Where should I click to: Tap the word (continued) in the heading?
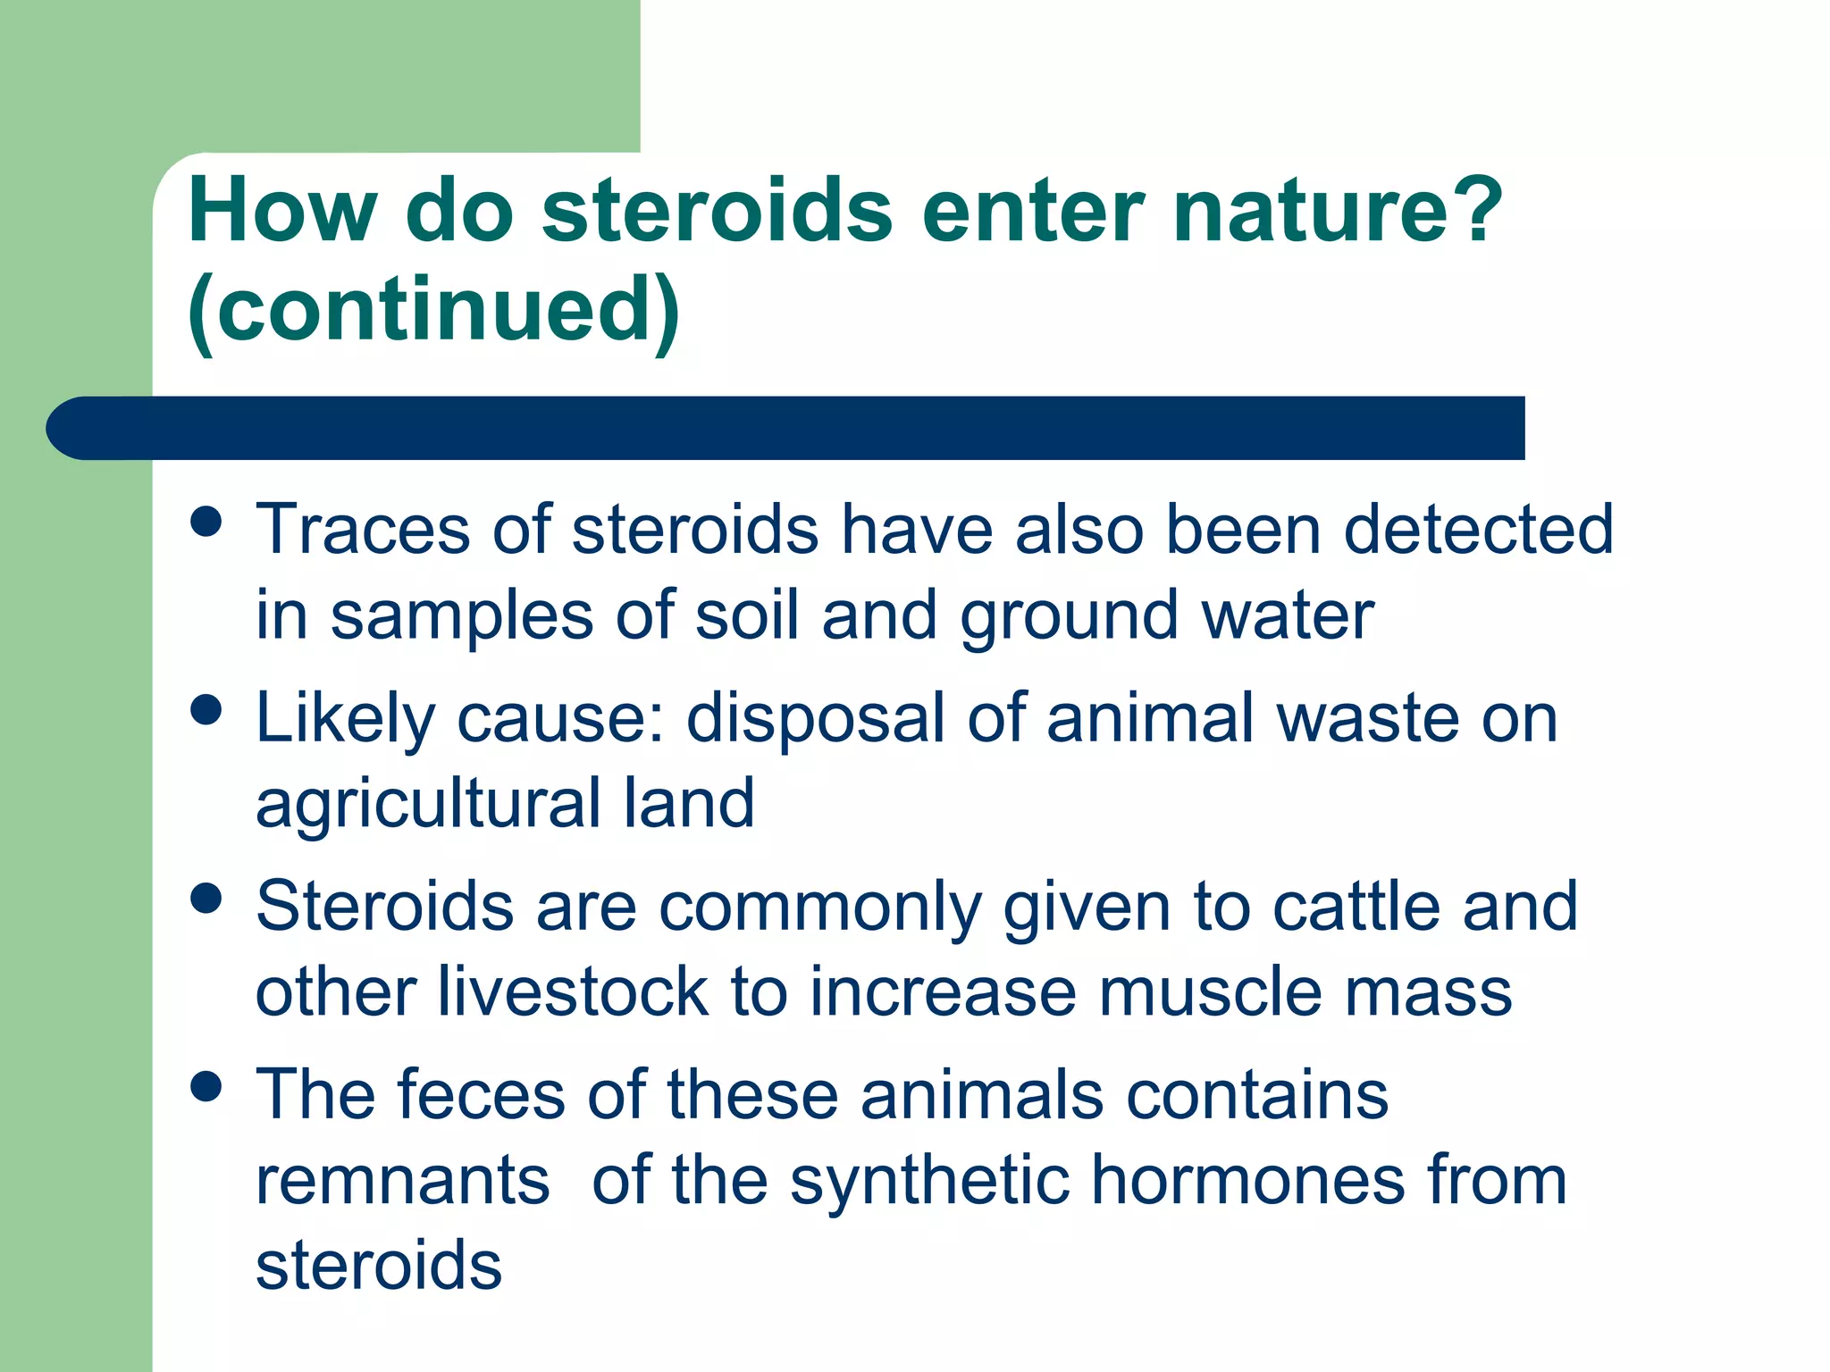(433, 309)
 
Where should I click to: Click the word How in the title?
(281, 211)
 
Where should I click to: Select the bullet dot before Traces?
(206, 521)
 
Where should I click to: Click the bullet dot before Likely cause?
(206, 710)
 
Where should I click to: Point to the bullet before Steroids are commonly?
(206, 899)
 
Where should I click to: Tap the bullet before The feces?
(206, 1087)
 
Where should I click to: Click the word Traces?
(362, 530)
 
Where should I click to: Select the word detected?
(1478, 530)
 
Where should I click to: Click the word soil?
(746, 615)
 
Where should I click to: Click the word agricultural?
(427, 803)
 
